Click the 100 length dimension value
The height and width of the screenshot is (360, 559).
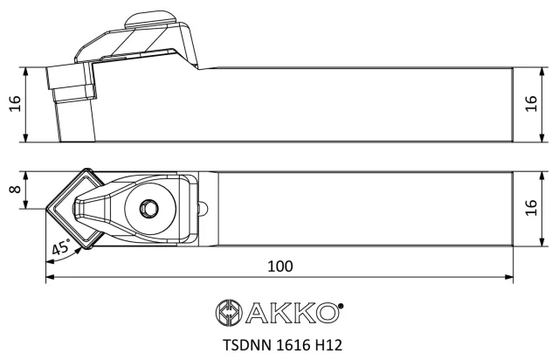tap(280, 267)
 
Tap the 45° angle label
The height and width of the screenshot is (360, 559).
tap(61, 247)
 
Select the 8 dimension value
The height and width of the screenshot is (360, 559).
tap(16, 189)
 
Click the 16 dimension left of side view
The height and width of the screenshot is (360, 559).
tap(16, 104)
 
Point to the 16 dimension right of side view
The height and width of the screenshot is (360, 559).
tap(531, 104)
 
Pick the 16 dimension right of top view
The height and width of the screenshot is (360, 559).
tap(531, 208)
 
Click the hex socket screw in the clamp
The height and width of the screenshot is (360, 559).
tap(148, 208)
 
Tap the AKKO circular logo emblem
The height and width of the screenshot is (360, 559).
tap(229, 312)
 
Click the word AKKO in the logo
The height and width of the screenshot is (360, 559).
tap(292, 313)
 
